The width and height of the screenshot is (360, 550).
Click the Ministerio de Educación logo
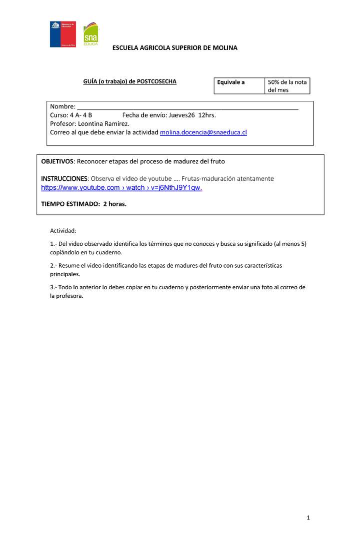click(x=62, y=34)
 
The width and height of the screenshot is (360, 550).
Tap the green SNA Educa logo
click(x=90, y=35)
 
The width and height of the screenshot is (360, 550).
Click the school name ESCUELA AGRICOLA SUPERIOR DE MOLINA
click(x=175, y=48)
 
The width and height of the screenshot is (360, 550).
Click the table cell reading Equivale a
click(x=231, y=82)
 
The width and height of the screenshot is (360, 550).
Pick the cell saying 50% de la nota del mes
click(x=287, y=86)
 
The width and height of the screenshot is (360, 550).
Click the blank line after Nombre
click(x=187, y=106)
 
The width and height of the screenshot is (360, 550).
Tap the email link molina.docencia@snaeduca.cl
click(x=203, y=132)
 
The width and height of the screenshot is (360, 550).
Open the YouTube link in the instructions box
click(x=121, y=188)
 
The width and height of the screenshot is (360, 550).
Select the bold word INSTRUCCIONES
click(x=64, y=178)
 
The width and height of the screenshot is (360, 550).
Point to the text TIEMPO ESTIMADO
click(x=70, y=204)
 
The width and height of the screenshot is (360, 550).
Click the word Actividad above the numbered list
click(x=63, y=231)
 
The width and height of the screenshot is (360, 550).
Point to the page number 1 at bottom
click(x=308, y=518)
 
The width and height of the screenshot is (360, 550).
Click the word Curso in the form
click(x=59, y=115)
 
